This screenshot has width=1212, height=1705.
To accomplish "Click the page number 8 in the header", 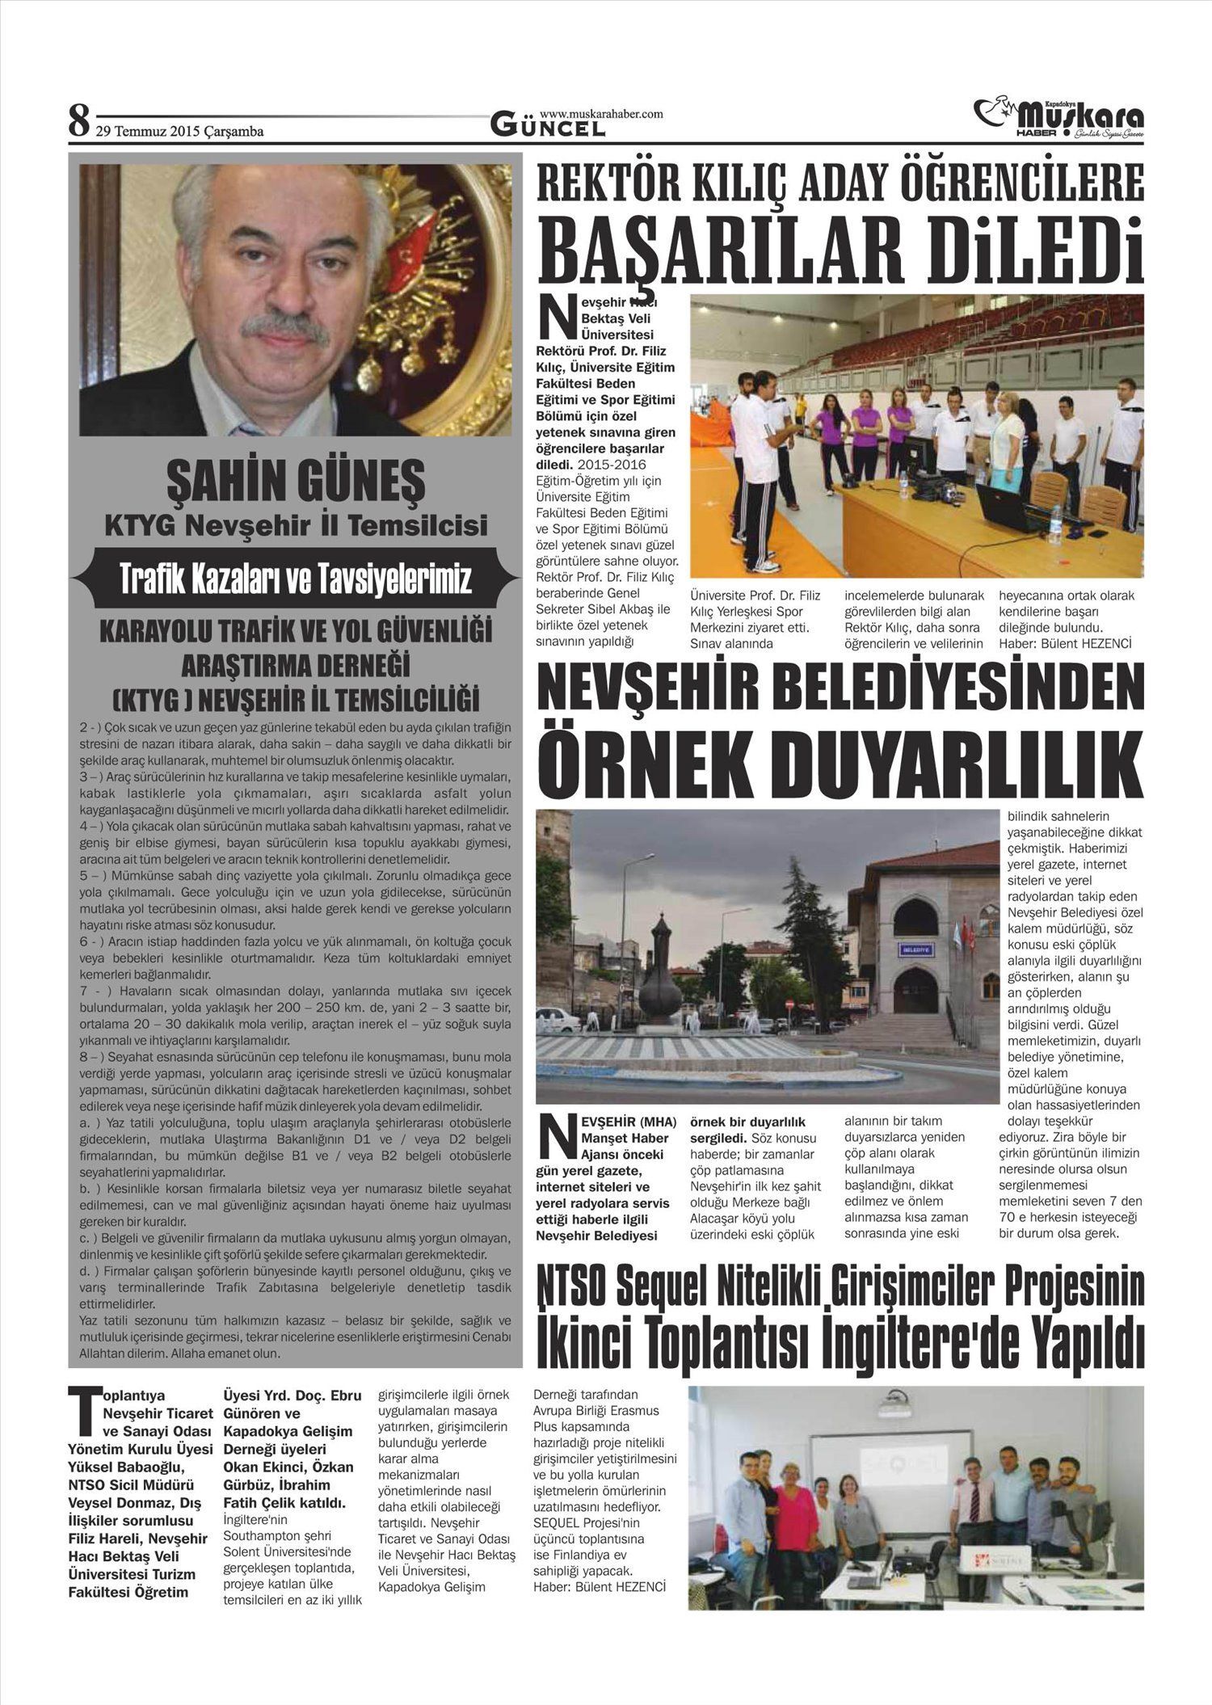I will point(78,122).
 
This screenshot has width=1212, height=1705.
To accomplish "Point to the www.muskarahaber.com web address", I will point(601,114).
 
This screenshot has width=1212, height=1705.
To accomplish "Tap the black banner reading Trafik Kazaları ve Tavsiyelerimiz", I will point(295,580).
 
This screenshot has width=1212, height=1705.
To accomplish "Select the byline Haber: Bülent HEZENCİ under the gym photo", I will point(1064,643).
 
